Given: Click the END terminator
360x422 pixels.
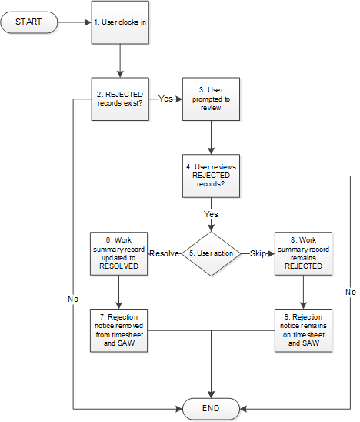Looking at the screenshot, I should tap(211, 408).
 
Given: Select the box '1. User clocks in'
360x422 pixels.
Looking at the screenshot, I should tap(120, 22).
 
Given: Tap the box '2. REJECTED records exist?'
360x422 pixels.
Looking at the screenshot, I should tap(120, 99).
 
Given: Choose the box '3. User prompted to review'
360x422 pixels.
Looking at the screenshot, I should tap(211, 99).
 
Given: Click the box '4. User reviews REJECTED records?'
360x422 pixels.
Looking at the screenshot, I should tap(211, 176).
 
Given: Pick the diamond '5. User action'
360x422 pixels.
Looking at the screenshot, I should tap(211, 253).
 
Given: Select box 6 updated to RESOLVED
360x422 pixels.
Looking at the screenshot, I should tap(120, 253).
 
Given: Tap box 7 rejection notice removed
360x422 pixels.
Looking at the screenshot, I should tap(120, 330).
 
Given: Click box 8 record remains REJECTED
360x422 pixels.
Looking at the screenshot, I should tap(302, 253).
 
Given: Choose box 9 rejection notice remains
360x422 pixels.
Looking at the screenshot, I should tap(302, 330).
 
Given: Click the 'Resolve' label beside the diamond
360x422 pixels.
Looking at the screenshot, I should tap(164, 253).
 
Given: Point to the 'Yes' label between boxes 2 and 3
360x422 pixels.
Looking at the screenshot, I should tap(165, 99).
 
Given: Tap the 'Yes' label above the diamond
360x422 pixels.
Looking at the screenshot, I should tap(211, 213).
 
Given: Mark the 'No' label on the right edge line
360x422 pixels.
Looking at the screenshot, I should tap(350, 292).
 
